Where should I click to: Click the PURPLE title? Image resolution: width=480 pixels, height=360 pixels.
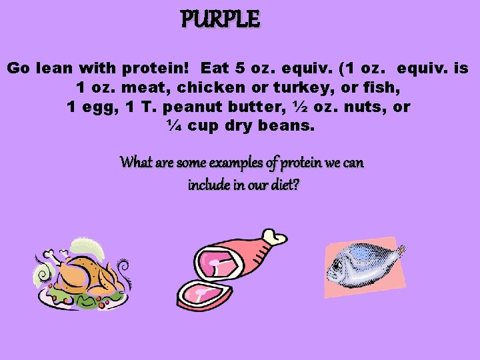[220, 20]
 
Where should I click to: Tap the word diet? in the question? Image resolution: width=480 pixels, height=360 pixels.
[283, 184]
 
